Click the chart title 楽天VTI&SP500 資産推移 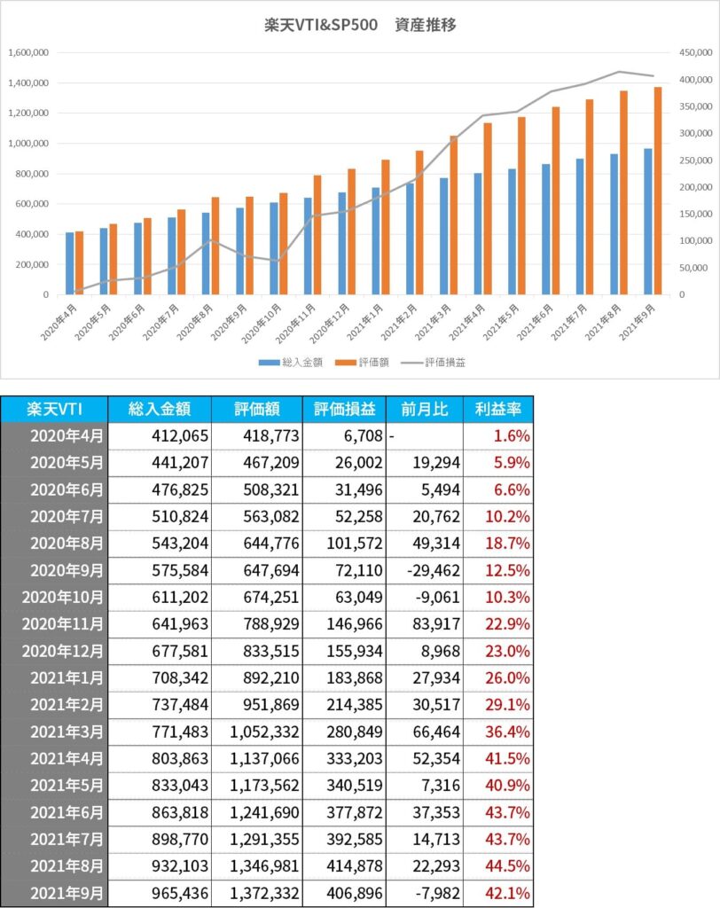[x=360, y=25]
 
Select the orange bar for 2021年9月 [x=657, y=191]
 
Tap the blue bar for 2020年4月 [x=69, y=262]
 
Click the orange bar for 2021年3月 [x=454, y=215]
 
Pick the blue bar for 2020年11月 [x=308, y=247]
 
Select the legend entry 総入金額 [x=290, y=363]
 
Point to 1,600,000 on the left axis [x=28, y=52]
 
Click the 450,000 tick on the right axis [x=696, y=52]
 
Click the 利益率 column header [x=498, y=409]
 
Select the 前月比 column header [x=425, y=409]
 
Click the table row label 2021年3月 [x=67, y=732]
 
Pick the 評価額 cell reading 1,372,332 [x=265, y=893]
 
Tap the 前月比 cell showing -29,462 [x=434, y=570]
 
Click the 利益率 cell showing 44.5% [x=507, y=865]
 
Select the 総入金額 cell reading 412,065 [x=180, y=435]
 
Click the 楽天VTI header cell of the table [x=54, y=409]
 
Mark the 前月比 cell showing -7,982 [x=438, y=893]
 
